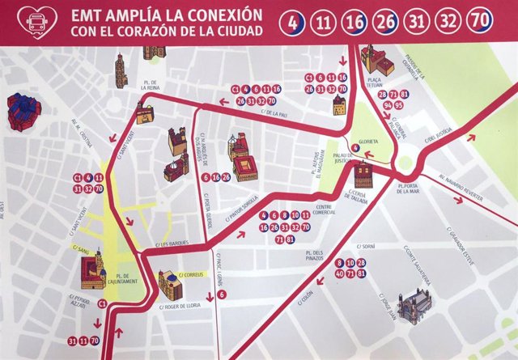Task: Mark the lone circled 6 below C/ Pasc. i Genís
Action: click(222, 294)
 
